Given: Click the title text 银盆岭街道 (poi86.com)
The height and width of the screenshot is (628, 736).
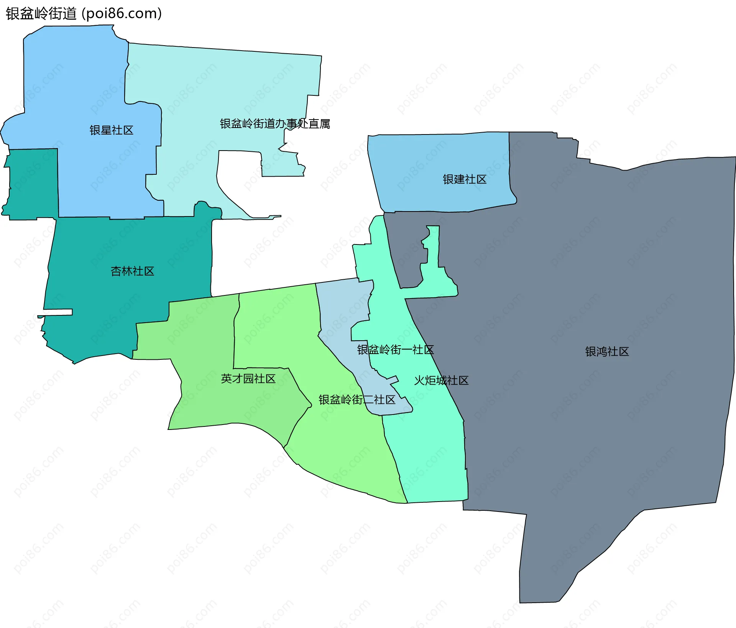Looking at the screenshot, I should point(84,14).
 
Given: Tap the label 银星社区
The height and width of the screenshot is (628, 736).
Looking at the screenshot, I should point(111,130).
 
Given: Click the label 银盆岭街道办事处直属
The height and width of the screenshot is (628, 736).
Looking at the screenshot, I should point(275,124).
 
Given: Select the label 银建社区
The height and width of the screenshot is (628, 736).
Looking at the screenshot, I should point(464,179).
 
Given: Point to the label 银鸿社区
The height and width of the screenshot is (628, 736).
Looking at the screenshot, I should point(607,352).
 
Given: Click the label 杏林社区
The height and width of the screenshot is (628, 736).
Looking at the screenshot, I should point(132,271).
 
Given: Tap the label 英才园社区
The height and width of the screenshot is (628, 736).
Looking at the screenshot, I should point(248,379).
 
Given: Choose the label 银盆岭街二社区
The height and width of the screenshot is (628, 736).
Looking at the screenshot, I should point(357,400).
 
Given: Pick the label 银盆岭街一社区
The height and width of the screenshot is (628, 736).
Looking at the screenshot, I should point(395,350).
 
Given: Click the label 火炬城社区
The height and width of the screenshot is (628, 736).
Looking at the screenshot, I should point(441,380).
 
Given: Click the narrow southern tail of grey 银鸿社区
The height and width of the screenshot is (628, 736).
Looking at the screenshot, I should point(544,575).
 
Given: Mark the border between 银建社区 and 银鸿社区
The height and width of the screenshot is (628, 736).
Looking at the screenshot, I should point(509,169).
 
